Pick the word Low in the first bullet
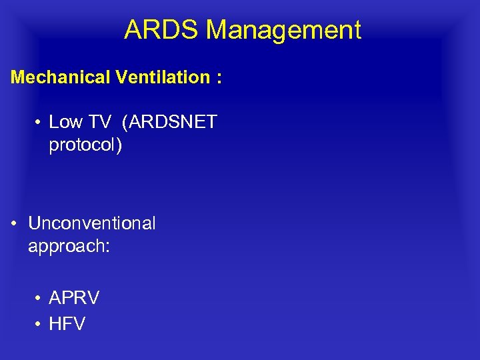[65, 122]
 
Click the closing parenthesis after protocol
[119, 146]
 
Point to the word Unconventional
[91, 223]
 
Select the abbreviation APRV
[74, 298]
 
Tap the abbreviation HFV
[67, 324]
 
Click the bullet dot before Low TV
[39, 123]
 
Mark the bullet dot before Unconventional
[15, 224]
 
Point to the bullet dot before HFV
[39, 325]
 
